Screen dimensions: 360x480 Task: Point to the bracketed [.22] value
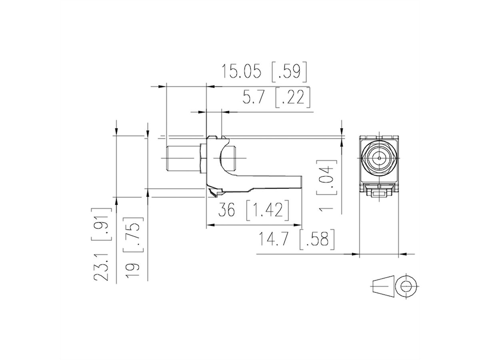293,97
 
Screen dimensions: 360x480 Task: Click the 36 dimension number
226,210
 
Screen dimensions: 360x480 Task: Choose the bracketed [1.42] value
267,210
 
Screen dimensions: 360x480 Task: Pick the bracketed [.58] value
317,239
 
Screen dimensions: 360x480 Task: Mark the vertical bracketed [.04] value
327,178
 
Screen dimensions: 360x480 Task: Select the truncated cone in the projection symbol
383,287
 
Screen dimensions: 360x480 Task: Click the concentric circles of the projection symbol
407,287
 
